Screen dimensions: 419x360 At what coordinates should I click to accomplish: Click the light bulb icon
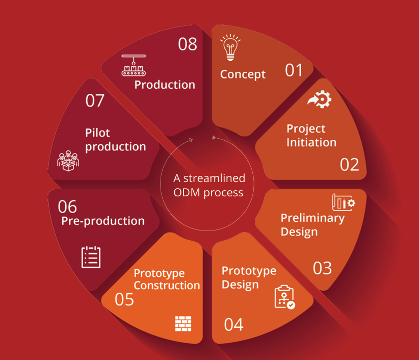click(230, 47)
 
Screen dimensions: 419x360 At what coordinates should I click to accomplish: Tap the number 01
click(294, 70)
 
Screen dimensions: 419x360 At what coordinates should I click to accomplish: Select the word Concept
click(243, 74)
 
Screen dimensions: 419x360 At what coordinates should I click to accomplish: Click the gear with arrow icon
click(320, 99)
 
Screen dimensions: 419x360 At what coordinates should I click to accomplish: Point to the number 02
click(349, 165)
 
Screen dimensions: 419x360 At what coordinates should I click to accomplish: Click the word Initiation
click(311, 142)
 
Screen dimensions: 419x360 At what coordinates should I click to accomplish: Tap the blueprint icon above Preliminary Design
click(344, 202)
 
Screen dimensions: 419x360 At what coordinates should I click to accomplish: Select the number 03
click(322, 268)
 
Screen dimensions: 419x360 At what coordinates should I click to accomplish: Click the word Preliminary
click(312, 218)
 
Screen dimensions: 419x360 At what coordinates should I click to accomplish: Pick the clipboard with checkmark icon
click(285, 297)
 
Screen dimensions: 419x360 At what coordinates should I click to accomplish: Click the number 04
click(233, 325)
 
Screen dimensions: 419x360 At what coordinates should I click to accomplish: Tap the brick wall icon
click(183, 324)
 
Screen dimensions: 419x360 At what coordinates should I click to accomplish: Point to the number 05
click(124, 299)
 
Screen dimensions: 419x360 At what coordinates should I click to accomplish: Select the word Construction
click(167, 286)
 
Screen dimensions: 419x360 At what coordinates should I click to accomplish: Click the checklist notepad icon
click(91, 257)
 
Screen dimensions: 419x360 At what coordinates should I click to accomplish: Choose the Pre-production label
click(103, 221)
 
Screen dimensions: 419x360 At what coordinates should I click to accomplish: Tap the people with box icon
click(68, 161)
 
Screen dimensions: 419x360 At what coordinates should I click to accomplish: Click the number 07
click(95, 101)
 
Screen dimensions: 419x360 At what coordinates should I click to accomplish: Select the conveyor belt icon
click(134, 65)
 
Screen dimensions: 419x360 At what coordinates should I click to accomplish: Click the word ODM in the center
click(187, 193)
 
